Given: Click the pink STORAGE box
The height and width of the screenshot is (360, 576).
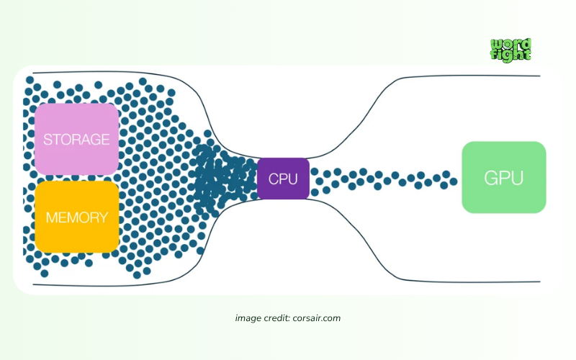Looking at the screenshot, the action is [77, 139].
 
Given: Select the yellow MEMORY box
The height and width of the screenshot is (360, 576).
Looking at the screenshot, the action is [77, 217].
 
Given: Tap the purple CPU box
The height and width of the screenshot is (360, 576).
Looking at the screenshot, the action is [283, 179].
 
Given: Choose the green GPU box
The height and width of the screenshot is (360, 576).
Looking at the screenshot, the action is [503, 177].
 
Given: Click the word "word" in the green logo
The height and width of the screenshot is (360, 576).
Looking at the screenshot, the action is [510, 44].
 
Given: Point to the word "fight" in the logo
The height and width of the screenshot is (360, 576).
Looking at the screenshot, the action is [510, 55].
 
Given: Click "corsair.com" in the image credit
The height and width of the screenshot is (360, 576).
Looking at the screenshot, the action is [317, 318].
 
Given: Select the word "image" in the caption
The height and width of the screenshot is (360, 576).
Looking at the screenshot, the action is [248, 318].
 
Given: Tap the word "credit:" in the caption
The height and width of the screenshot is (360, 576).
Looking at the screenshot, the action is [277, 318].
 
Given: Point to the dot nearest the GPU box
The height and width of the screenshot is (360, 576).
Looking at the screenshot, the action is [454, 181].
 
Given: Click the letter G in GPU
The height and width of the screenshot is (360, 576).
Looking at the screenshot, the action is [490, 178].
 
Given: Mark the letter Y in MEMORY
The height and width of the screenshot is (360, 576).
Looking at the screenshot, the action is [104, 217].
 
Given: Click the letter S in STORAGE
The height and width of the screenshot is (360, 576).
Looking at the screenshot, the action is [48, 140].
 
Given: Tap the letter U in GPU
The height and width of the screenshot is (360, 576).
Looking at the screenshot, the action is [517, 178].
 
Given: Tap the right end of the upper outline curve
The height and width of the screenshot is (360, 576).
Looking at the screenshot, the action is [540, 76].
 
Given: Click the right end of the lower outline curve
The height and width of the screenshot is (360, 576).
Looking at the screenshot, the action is [540, 282].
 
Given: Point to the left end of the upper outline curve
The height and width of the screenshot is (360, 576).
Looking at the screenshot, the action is [33, 73].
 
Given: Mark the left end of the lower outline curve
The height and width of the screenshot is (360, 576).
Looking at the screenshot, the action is [33, 284].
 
